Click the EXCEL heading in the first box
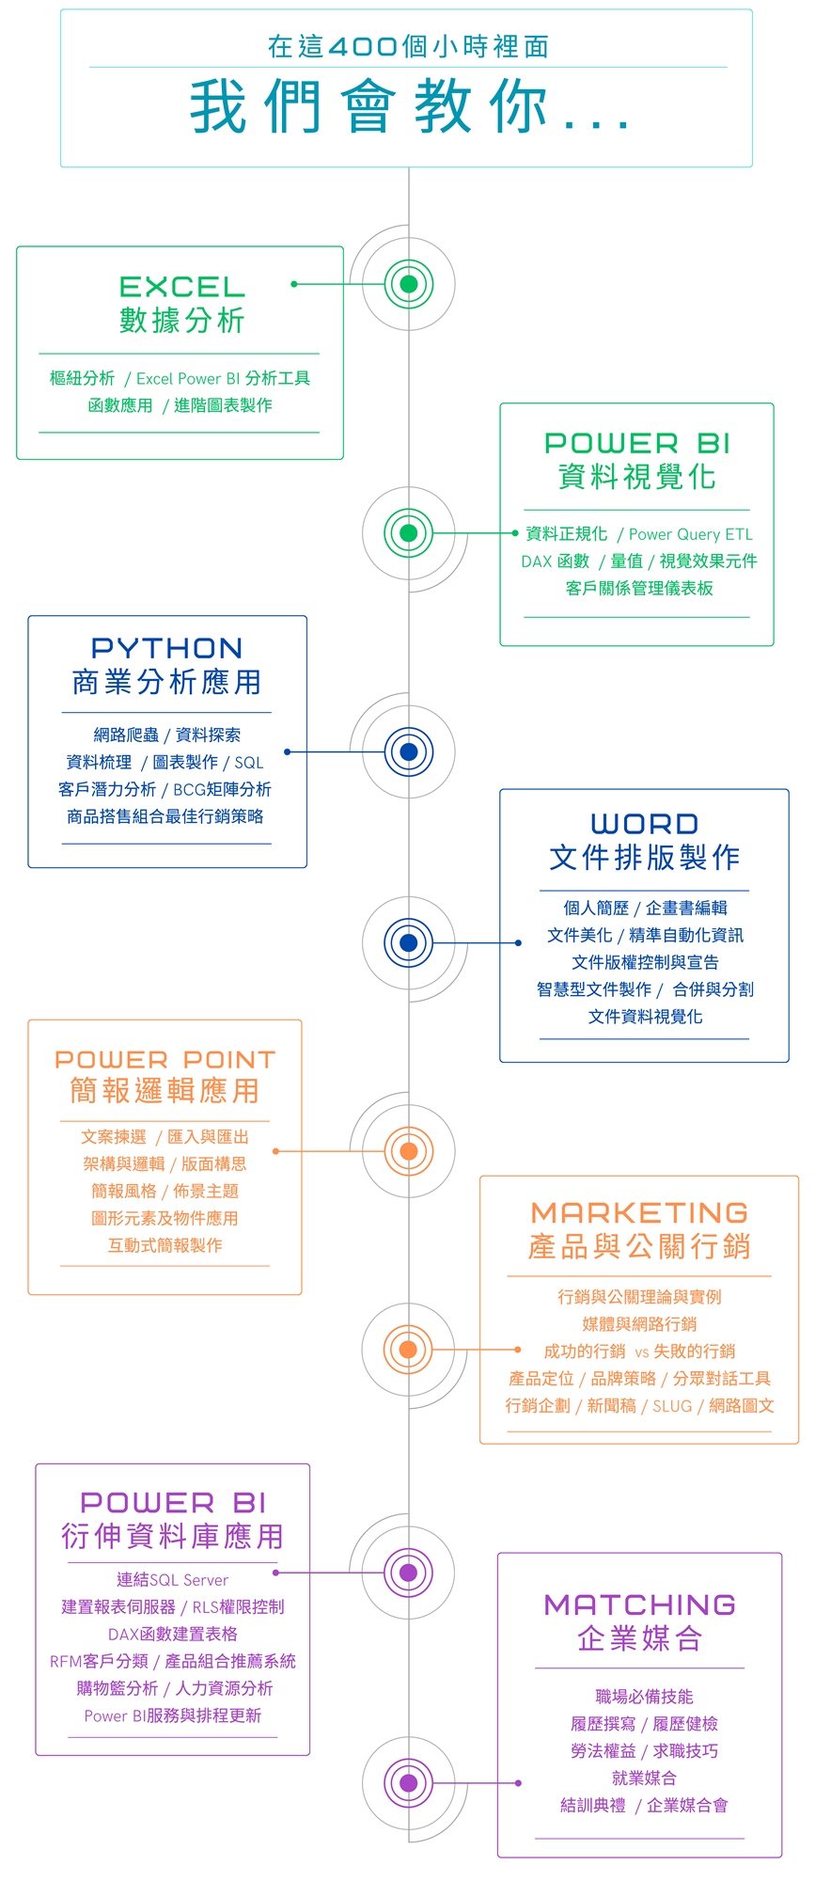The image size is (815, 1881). (181, 287)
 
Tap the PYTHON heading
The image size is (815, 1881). (166, 648)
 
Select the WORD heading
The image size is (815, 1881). (644, 824)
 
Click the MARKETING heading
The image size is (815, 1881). (639, 1212)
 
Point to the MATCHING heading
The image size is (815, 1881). (639, 1604)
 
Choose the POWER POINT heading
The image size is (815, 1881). (165, 1059)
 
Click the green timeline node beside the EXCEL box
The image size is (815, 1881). (408, 284)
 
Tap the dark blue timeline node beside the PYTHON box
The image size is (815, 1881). (408, 751)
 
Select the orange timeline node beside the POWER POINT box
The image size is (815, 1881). (408, 1150)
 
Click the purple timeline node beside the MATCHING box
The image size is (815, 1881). (408, 1782)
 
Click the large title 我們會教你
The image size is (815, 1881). (409, 107)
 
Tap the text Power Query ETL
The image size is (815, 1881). (691, 534)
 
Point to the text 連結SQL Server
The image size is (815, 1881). (172, 1580)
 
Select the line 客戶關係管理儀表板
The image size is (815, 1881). (639, 588)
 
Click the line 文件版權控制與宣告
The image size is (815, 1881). (645, 962)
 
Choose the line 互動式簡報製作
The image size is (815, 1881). (165, 1245)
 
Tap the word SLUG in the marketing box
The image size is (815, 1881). (672, 1406)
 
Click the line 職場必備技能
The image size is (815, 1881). (644, 1697)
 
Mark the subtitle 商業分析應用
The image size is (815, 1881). (166, 682)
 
